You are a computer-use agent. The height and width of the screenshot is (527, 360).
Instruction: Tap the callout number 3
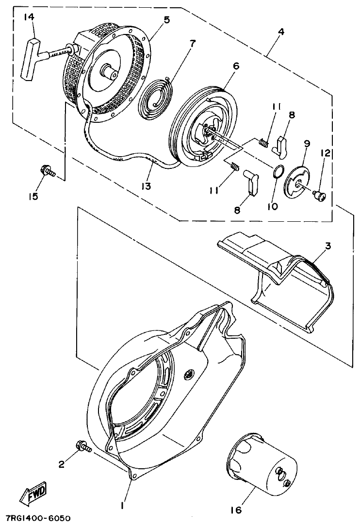[x=328, y=246]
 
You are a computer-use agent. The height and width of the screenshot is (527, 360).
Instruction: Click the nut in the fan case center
[x=188, y=374]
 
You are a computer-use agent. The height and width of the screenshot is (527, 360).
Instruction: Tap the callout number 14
[x=30, y=17]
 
